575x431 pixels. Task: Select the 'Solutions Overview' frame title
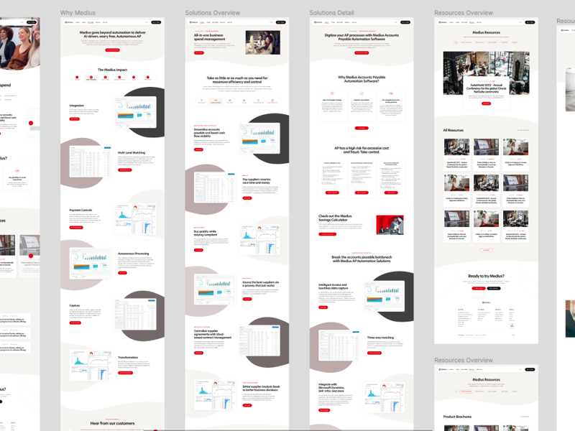[212, 13]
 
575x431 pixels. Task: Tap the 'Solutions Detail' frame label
[331, 13]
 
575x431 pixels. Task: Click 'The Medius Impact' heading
[113, 70]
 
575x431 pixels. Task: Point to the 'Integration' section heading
[77, 106]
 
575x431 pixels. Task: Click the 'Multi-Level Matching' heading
[131, 152]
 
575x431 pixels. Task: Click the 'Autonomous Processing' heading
[133, 253]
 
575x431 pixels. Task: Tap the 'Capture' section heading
[75, 305]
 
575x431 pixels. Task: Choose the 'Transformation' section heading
[129, 358]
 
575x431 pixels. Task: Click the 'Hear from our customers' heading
[113, 423]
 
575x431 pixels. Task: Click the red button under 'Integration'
[74, 119]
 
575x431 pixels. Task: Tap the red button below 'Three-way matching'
[374, 353]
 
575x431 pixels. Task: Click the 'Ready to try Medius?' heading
[486, 276]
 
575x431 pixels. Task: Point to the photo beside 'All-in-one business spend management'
[262, 42]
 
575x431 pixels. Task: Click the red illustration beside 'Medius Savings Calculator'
[390, 225]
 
